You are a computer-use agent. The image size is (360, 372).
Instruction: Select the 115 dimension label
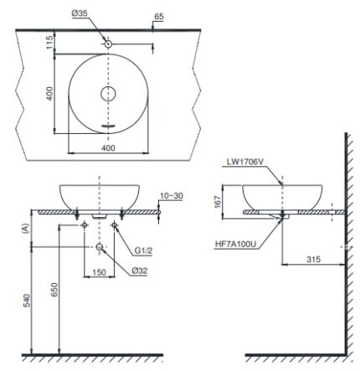pyautogui.click(x=49, y=42)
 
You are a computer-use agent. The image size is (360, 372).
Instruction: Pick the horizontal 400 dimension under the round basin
pyautogui.click(x=106, y=146)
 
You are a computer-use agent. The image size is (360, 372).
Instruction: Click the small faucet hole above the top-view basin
pyautogui.click(x=107, y=42)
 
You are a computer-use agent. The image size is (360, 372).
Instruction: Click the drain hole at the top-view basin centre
pyautogui.click(x=107, y=94)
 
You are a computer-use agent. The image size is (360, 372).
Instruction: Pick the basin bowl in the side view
pyautogui.click(x=284, y=199)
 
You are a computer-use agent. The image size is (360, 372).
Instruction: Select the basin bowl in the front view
pyautogui.click(x=100, y=197)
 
